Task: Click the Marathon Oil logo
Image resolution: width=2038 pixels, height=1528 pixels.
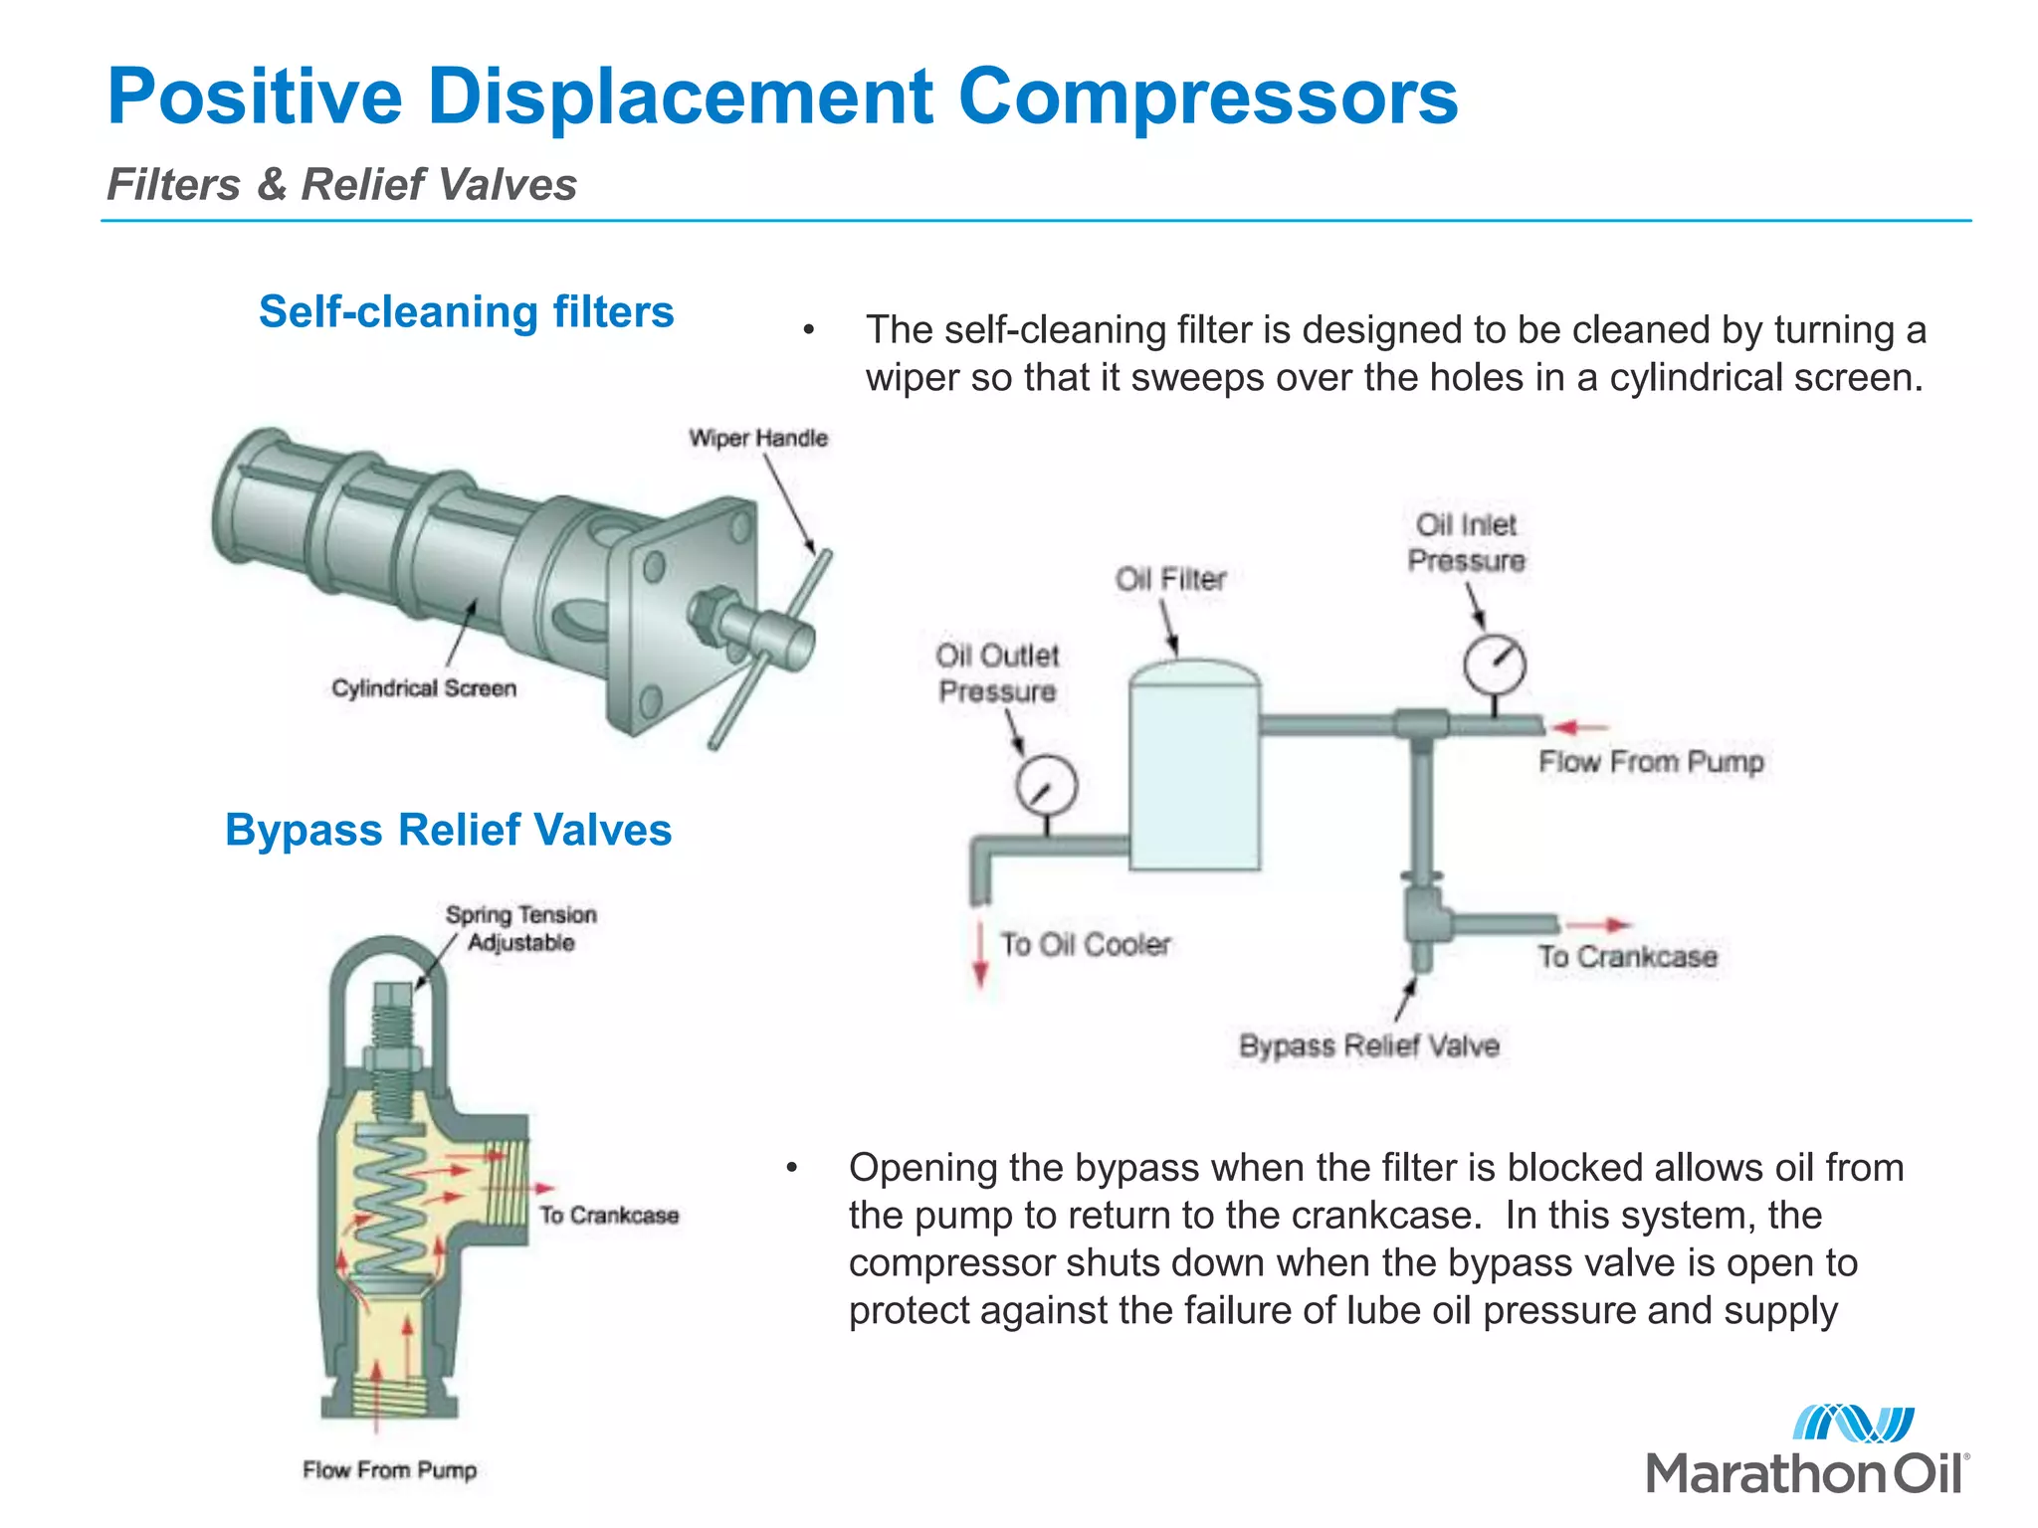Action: pyautogui.click(x=1806, y=1451)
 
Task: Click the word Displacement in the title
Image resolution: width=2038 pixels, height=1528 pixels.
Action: pyautogui.click(x=680, y=97)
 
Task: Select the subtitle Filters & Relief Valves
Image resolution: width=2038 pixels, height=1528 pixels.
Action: pyautogui.click(x=341, y=185)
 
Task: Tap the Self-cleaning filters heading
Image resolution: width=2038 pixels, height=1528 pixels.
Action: pyautogui.click(x=466, y=312)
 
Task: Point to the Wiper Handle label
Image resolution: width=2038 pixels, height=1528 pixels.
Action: pyautogui.click(x=758, y=439)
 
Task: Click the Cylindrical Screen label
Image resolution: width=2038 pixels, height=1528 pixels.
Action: pyautogui.click(x=424, y=688)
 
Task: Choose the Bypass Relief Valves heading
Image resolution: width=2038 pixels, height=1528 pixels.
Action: pyautogui.click(x=448, y=830)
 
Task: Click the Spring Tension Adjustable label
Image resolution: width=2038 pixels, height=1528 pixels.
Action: pyautogui.click(x=520, y=928)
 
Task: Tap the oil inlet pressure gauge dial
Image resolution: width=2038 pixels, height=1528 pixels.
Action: pyautogui.click(x=1495, y=665)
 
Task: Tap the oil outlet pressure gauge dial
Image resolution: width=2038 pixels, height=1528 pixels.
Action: pyautogui.click(x=1047, y=785)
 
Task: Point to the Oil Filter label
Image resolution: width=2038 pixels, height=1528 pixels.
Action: pyautogui.click(x=1170, y=579)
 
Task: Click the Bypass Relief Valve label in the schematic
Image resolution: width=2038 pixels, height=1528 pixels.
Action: pyautogui.click(x=1368, y=1046)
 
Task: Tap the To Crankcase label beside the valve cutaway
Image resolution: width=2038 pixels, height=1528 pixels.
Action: pyautogui.click(x=609, y=1216)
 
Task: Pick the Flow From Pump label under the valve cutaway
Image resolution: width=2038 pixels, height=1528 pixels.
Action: pyautogui.click(x=390, y=1470)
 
